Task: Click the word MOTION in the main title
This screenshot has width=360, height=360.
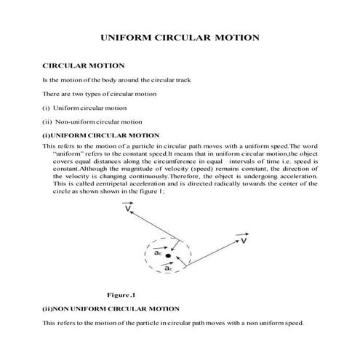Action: click(x=234, y=36)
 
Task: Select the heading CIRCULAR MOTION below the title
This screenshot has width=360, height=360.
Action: click(x=84, y=66)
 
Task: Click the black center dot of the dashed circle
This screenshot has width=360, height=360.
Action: click(x=168, y=256)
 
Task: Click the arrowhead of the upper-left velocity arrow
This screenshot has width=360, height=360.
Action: click(x=124, y=206)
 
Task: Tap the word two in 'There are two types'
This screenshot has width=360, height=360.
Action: click(x=80, y=95)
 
